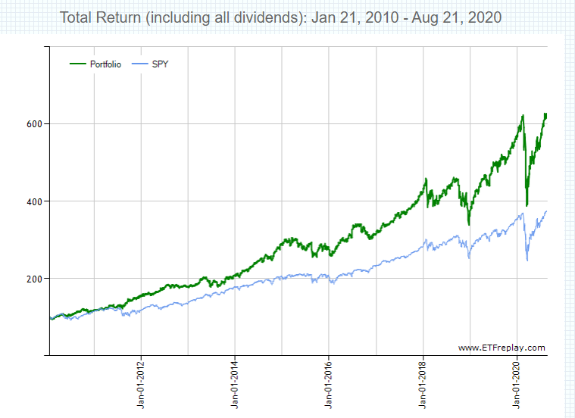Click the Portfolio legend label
105,64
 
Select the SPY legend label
161,64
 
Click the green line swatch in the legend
78,64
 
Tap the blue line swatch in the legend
139,64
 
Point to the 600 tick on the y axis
34,123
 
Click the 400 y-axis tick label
34,201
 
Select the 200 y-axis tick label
34,278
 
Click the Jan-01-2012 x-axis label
141,387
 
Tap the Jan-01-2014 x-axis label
235,387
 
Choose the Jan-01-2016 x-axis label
329,387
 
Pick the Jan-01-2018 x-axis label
423,387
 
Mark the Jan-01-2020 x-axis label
517,387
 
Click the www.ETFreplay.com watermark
502,348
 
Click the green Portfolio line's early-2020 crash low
527,204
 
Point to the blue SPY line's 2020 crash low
527,260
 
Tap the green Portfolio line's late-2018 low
469,224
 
